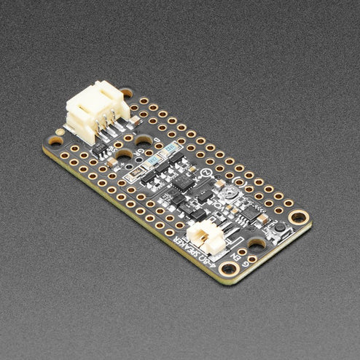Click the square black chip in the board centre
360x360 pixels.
point(181,181)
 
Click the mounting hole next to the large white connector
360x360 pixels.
point(127,93)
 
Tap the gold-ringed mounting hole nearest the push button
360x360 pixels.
point(298,216)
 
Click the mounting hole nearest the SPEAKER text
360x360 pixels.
point(228,269)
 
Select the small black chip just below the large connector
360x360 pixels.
point(103,149)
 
